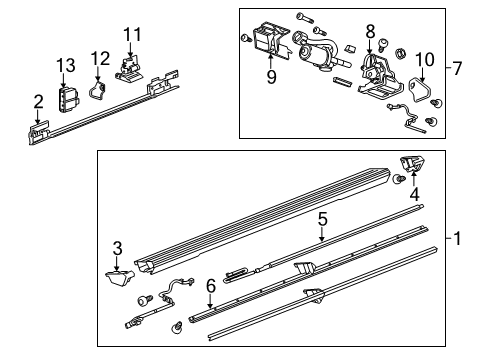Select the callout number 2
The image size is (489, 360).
38,101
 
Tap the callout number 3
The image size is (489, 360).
117,247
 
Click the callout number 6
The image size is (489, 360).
209,285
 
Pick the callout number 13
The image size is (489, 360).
65,65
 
